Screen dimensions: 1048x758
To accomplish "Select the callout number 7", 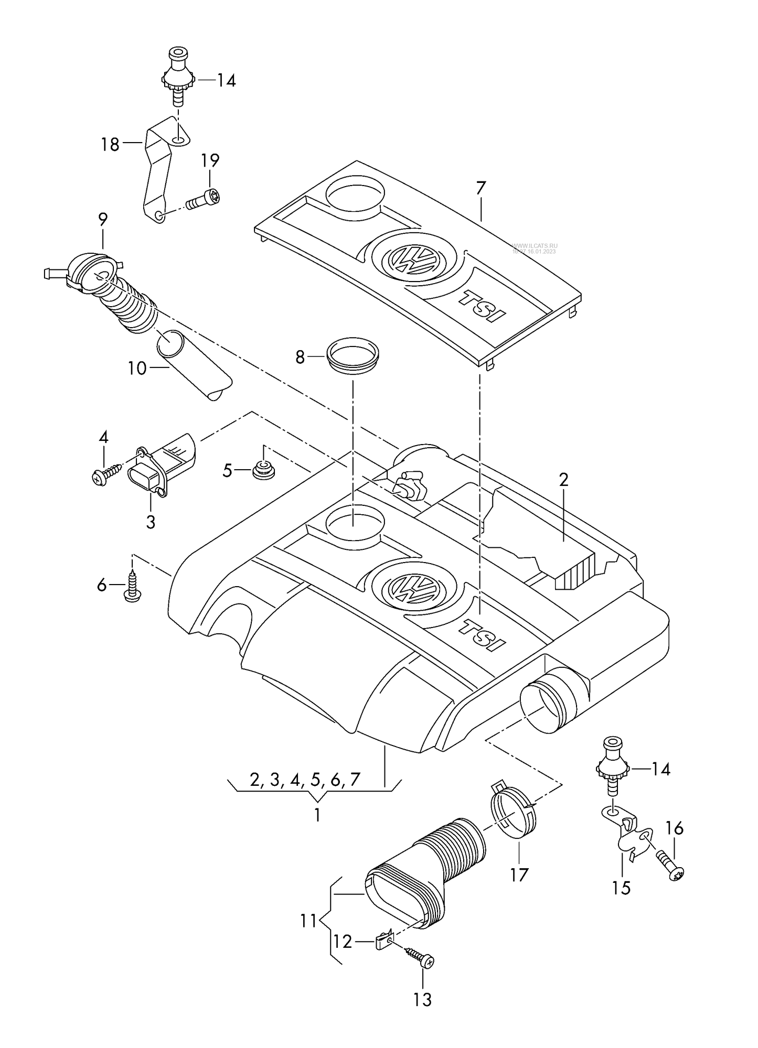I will pyautogui.click(x=481, y=188).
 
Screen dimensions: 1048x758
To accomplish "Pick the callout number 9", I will pyautogui.click(x=102, y=219).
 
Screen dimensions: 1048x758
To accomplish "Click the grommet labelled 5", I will pyautogui.click(x=264, y=470).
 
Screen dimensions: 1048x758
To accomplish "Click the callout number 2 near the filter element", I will pyautogui.click(x=563, y=480).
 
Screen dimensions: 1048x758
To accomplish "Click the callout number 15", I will pyautogui.click(x=621, y=888).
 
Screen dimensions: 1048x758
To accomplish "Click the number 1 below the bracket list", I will pyautogui.click(x=317, y=816).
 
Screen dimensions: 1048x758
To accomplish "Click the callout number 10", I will pyautogui.click(x=137, y=368).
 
